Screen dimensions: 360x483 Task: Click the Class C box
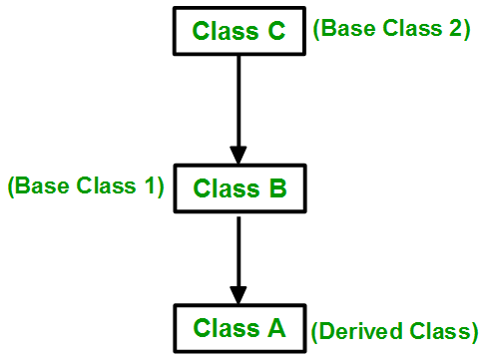click(240, 31)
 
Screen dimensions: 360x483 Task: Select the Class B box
click(240, 186)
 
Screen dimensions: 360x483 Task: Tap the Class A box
click(240, 327)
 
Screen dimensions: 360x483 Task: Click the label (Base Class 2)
click(391, 29)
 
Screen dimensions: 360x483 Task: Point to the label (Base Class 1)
click(86, 185)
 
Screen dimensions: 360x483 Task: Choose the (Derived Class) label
click(394, 330)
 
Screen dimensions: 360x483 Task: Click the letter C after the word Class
click(275, 31)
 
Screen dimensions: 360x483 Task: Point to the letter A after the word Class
click(275, 327)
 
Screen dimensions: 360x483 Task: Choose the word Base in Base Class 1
click(37, 185)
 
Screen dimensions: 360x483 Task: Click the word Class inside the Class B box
click(223, 186)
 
